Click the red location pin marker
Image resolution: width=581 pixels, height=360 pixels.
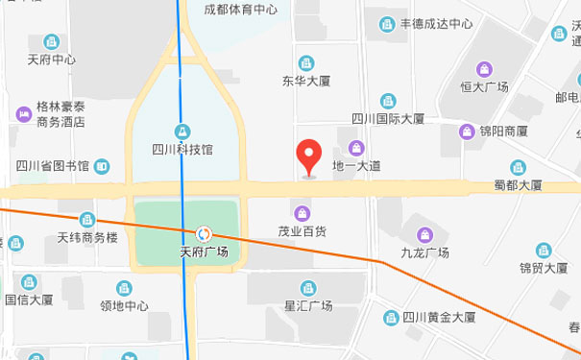(307, 156)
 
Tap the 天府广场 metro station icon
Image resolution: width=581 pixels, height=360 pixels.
(204, 233)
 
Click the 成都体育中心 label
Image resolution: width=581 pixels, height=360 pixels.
(241, 10)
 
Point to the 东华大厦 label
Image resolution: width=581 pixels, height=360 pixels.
(307, 82)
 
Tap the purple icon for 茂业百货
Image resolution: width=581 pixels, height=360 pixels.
(303, 212)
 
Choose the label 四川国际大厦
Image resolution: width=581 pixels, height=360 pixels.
(387, 119)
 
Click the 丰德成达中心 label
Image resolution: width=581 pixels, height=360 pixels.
(436, 24)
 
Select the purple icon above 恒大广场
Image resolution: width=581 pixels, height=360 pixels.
(484, 69)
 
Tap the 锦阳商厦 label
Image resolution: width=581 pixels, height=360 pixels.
(504, 132)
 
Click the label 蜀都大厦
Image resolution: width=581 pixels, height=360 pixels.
(518, 185)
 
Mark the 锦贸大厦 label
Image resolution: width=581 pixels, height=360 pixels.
(544, 268)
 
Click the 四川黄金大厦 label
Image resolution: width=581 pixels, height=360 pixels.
(438, 318)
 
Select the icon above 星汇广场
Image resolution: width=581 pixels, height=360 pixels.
(308, 287)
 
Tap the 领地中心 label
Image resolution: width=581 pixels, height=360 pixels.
(125, 306)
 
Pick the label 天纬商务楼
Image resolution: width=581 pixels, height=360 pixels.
(87, 237)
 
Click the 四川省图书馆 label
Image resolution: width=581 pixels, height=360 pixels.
(53, 167)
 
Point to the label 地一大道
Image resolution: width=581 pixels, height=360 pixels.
(356, 166)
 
